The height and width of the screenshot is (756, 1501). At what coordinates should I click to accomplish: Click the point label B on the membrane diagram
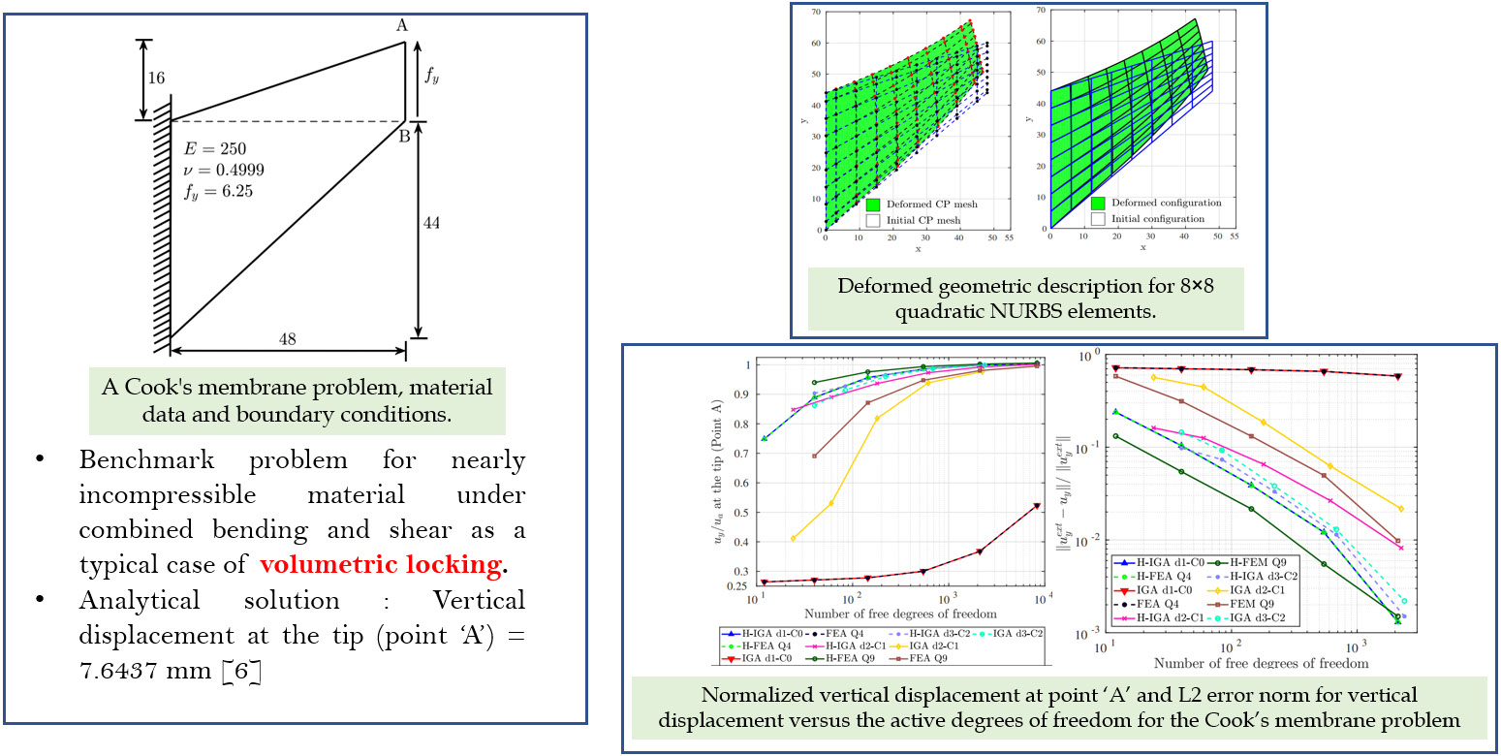tap(405, 136)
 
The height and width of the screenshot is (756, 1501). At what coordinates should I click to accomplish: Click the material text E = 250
tap(215, 149)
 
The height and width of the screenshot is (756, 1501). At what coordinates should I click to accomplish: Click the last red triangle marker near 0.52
tap(1037, 506)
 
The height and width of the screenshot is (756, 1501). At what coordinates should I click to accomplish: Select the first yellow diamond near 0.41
tap(794, 538)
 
